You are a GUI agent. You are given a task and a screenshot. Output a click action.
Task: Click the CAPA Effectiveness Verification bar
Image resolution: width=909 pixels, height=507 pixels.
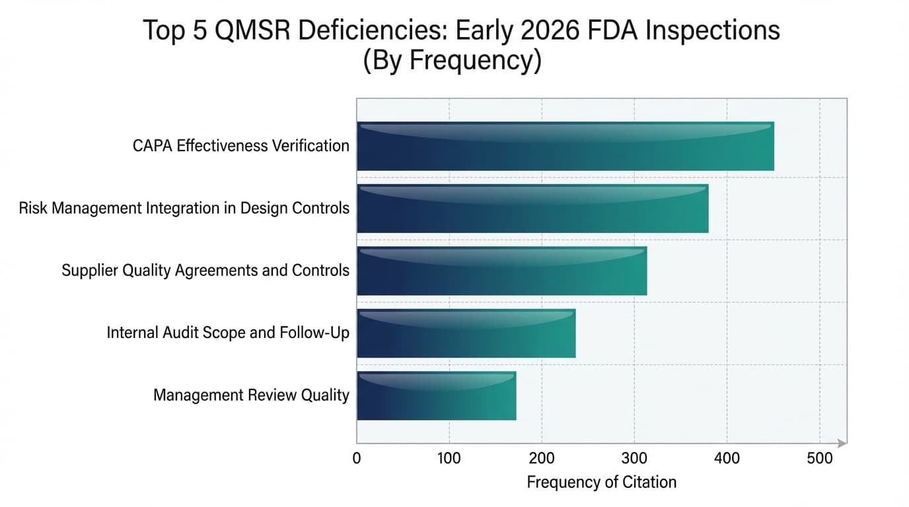(x=565, y=146)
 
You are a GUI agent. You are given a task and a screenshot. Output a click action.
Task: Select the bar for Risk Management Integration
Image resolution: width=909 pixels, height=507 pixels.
(x=532, y=209)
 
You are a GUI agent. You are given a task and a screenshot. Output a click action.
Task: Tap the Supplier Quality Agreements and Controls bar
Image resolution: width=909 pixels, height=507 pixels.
(x=501, y=271)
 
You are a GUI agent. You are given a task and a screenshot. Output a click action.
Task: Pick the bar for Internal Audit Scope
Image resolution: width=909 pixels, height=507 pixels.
(x=466, y=333)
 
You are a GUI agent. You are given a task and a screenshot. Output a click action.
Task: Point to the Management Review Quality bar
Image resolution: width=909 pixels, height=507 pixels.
(x=436, y=395)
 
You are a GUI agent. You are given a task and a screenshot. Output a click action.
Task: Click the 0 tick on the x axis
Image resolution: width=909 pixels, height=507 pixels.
(x=357, y=457)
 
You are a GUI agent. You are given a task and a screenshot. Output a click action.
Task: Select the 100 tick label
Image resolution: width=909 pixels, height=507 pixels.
(x=449, y=457)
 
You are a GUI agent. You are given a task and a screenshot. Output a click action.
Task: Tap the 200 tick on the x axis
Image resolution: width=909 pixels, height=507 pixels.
(x=542, y=457)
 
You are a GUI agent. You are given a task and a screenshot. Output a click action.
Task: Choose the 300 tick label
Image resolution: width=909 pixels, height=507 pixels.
(x=634, y=457)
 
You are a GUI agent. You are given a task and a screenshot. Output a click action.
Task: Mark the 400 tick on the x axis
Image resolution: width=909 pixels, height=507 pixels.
(x=727, y=457)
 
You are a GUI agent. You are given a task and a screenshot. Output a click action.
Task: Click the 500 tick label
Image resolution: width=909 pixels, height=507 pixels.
(x=820, y=457)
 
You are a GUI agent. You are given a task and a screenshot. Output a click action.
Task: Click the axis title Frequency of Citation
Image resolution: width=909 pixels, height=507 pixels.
(x=601, y=483)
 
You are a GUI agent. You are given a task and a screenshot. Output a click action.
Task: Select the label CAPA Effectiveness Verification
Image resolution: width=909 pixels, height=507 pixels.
(x=241, y=146)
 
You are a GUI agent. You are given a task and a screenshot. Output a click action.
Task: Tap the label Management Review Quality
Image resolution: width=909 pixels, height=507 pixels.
(x=251, y=395)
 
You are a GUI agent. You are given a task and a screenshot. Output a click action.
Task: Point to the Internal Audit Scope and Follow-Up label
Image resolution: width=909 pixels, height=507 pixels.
(x=228, y=333)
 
